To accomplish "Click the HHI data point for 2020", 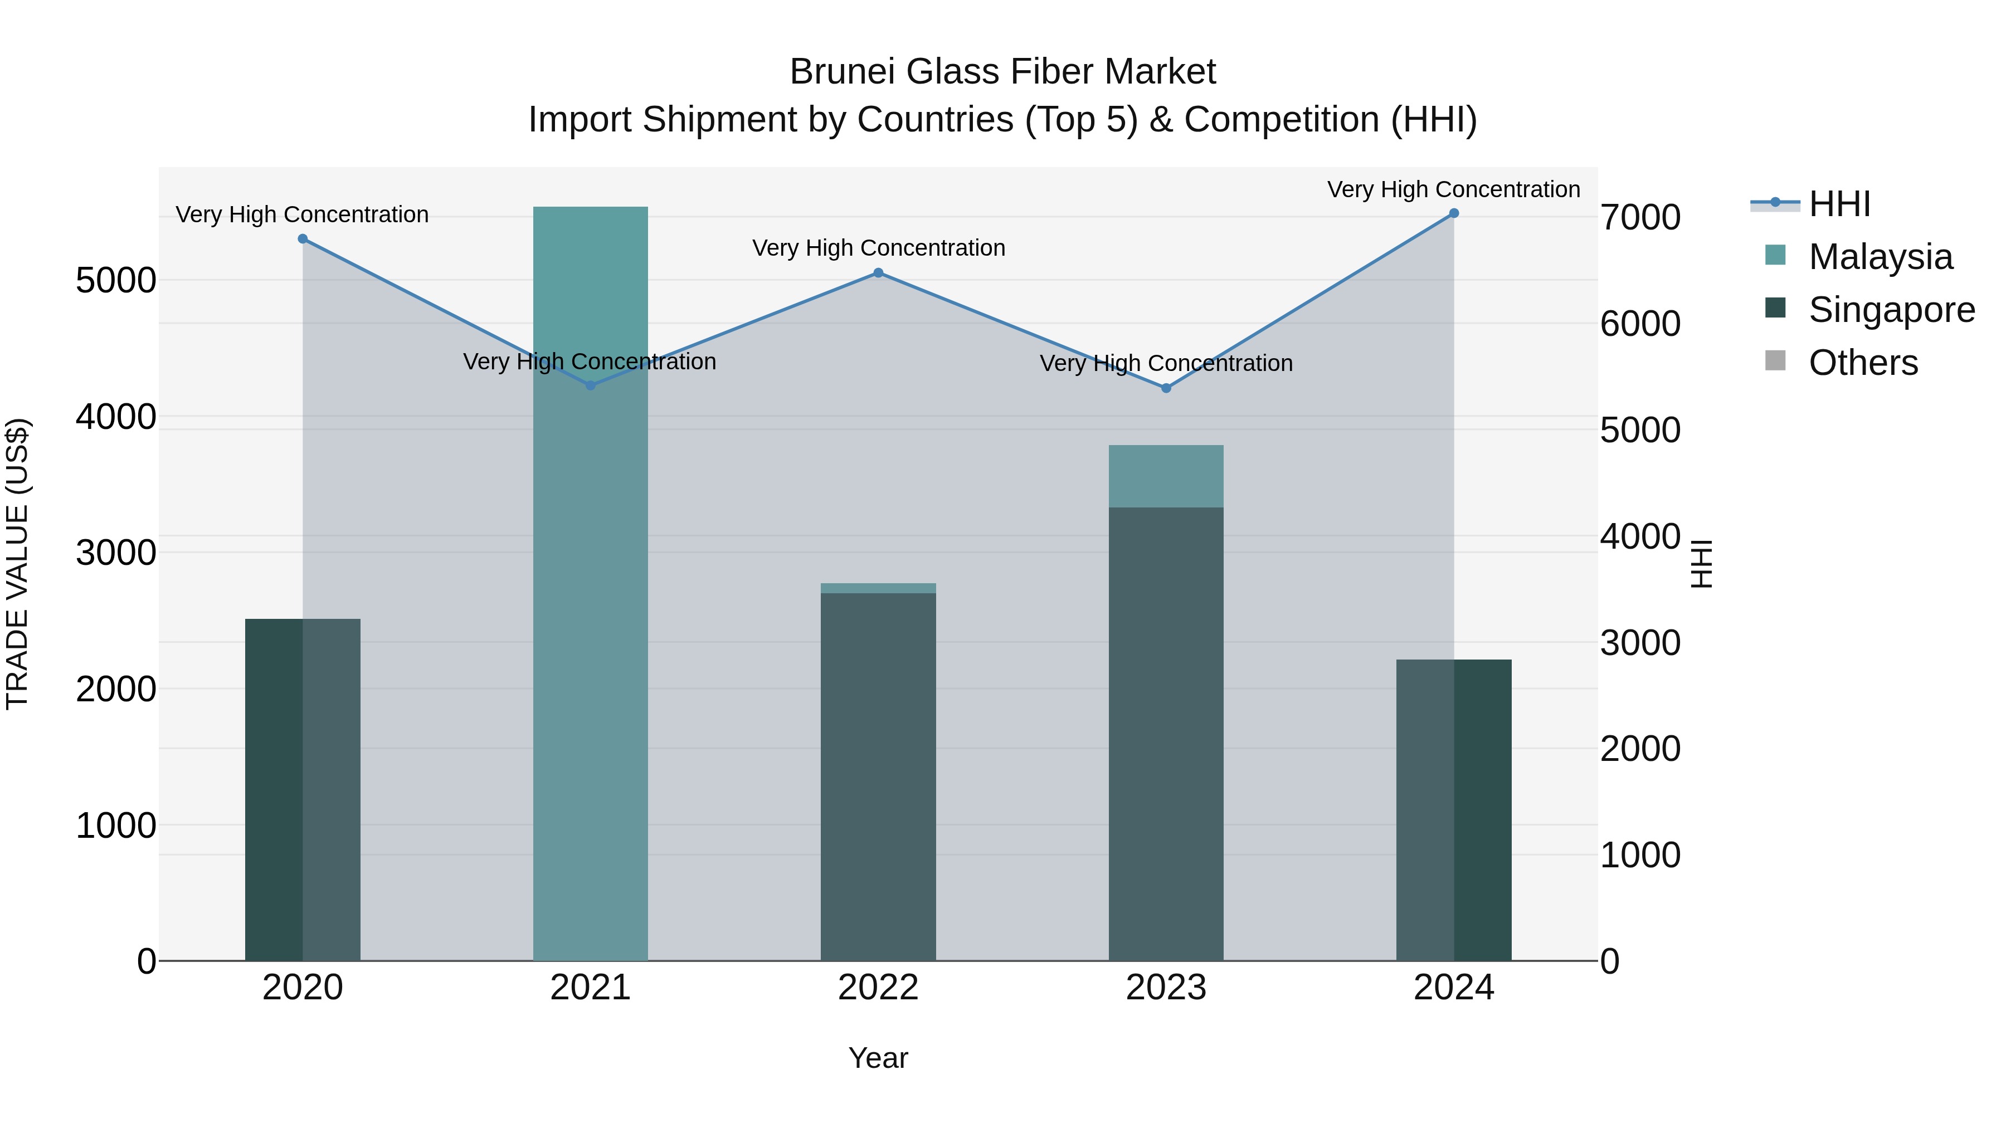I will (303, 239).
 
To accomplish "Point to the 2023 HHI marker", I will (1166, 388).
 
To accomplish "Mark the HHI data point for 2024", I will (1454, 213).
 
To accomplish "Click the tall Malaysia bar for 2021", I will (590, 623).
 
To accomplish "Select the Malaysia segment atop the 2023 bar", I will (1166, 476).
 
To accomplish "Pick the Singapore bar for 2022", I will (878, 779).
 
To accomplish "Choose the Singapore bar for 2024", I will (1454, 809).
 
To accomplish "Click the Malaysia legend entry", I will (1880, 257).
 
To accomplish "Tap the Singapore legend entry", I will (1891, 310).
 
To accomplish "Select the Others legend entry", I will (1863, 363).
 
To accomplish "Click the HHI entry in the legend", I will (1839, 204).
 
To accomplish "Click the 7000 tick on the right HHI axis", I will (1640, 217).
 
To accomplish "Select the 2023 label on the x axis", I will (1166, 988).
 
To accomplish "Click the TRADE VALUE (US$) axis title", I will (17, 564).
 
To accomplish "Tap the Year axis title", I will (878, 1058).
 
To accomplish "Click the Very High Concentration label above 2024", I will (1453, 189).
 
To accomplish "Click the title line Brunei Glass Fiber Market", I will (1002, 72).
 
